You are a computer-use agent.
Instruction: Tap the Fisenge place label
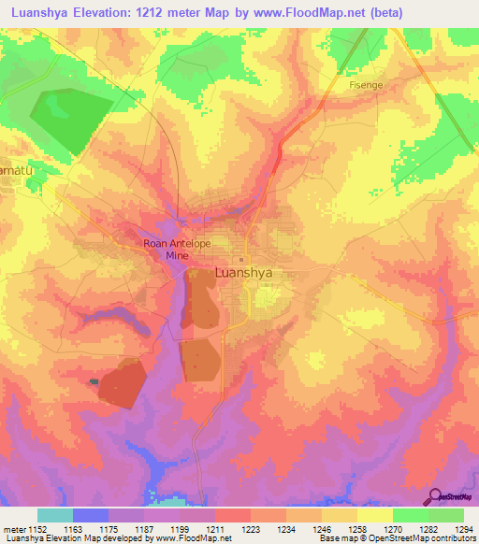(x=365, y=84)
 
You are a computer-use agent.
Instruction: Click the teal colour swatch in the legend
(x=54, y=515)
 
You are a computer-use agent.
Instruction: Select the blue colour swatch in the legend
(x=90, y=515)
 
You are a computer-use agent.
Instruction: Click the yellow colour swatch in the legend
(x=374, y=515)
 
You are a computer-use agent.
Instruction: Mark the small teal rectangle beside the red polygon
(x=94, y=381)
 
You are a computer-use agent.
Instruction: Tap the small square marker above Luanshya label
(x=240, y=260)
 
